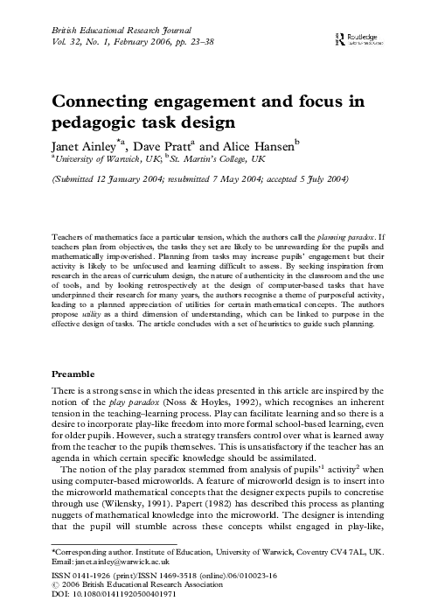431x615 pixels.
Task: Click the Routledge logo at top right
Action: point(351,38)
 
